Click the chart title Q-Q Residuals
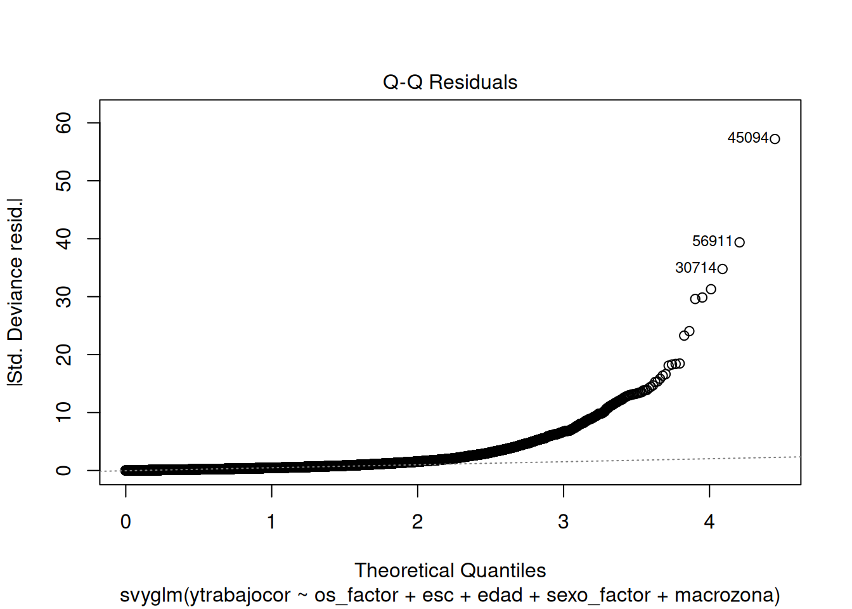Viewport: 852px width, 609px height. pos(450,82)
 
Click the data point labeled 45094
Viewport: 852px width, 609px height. pos(775,139)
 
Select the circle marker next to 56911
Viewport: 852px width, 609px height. pos(739,242)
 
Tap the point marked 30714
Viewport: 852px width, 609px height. pos(722,269)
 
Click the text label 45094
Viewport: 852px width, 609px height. pos(747,138)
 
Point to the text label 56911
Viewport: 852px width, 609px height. pos(712,242)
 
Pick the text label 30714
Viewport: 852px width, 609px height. pos(695,268)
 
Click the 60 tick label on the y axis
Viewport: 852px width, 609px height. pos(64,123)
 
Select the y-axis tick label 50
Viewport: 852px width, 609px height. pos(64,181)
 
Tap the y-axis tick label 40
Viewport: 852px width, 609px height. pos(64,239)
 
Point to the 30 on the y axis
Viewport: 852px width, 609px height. pos(64,297)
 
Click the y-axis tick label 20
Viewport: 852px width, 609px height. pos(64,355)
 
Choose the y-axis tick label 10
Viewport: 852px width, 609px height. pos(64,412)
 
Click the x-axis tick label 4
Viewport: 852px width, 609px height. pos(709,522)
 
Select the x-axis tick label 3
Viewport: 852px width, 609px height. pos(564,522)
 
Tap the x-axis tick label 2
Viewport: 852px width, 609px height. pos(417,522)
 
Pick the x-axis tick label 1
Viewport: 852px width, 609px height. pos(271,522)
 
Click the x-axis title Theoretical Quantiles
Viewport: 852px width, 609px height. pos(450,570)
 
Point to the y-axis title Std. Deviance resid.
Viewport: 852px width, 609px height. pos(15,292)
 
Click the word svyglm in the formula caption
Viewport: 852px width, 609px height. pos(151,596)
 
